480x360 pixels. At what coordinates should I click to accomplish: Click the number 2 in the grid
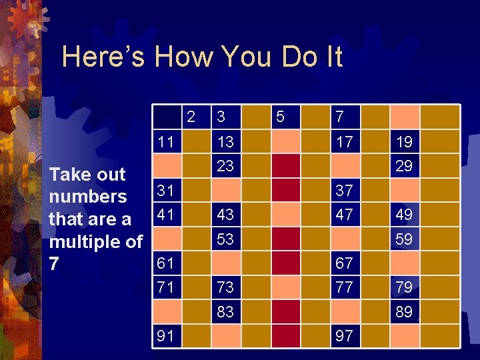(191, 117)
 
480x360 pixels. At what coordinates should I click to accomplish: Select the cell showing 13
(225, 142)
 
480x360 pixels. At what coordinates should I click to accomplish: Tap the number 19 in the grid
(403, 142)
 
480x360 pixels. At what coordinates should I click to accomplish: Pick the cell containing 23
(225, 165)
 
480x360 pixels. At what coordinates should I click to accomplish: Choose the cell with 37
(345, 191)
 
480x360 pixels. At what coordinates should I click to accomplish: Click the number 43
(225, 215)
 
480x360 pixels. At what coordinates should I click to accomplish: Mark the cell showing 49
(403, 215)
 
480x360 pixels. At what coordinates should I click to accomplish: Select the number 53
(225, 239)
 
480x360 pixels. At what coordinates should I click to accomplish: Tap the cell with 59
(403, 239)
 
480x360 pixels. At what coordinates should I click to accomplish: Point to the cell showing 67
(345, 263)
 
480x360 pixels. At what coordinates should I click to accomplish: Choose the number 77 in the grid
(345, 287)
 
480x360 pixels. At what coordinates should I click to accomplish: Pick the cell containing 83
(225, 311)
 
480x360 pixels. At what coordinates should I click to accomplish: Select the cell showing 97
(345, 335)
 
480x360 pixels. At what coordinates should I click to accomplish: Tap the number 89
(403, 311)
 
